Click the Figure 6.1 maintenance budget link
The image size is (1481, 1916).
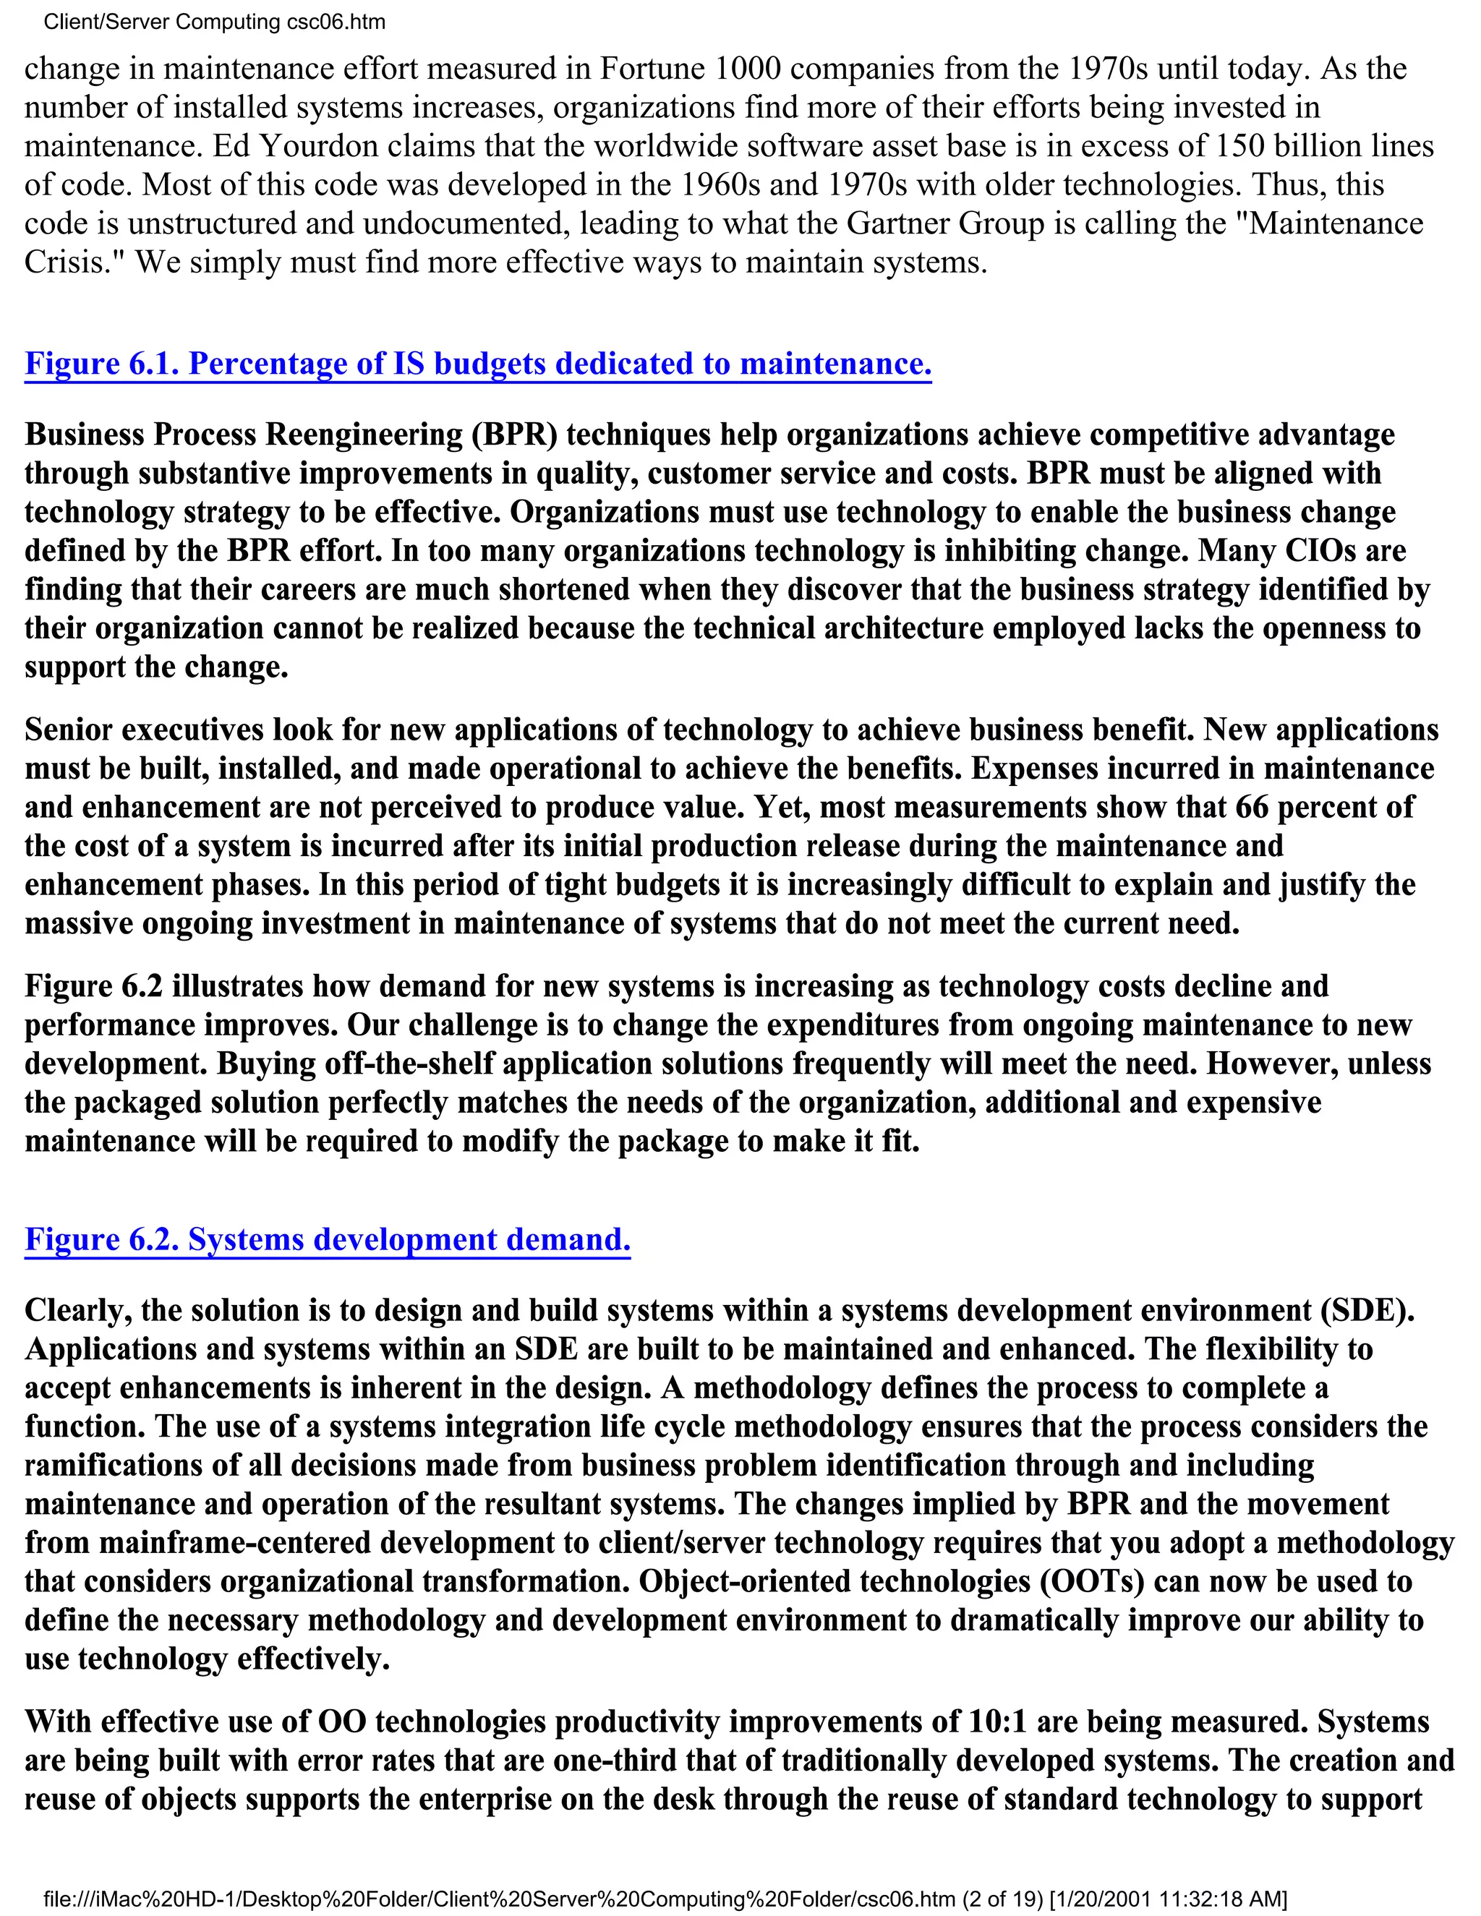(477, 363)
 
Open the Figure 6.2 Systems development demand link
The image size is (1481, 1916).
(328, 1239)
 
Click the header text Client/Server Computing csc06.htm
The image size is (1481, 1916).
(214, 22)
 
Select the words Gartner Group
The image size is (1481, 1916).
(945, 223)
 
